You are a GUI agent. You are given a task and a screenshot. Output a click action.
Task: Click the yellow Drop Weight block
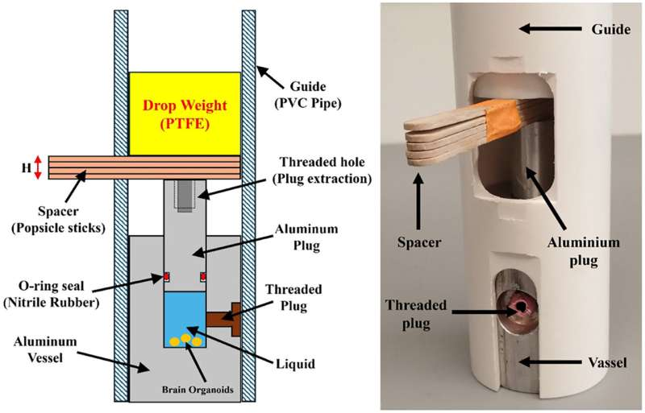pyautogui.click(x=184, y=113)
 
